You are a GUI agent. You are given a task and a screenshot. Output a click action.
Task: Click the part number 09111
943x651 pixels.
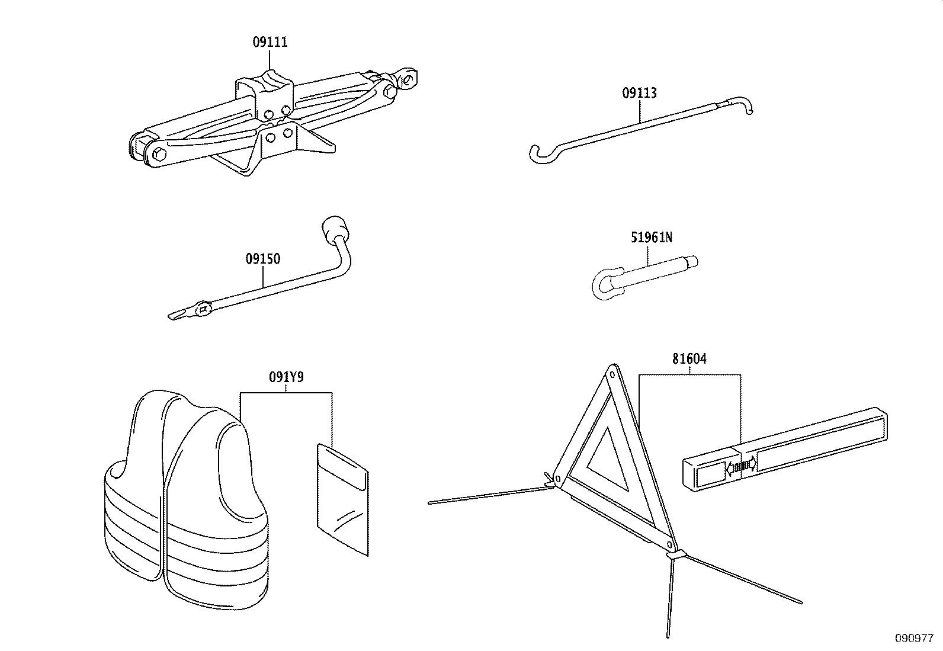pos(270,42)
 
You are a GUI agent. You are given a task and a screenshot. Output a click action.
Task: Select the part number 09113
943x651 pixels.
pos(639,93)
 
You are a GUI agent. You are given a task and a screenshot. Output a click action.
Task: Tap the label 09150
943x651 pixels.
pos(263,259)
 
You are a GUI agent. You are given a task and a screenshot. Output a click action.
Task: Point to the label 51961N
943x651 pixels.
pos(650,238)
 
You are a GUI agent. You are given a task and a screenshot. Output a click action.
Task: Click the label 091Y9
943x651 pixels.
pos(286,377)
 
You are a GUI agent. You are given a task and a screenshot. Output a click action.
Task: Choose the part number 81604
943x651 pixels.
pos(689,359)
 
